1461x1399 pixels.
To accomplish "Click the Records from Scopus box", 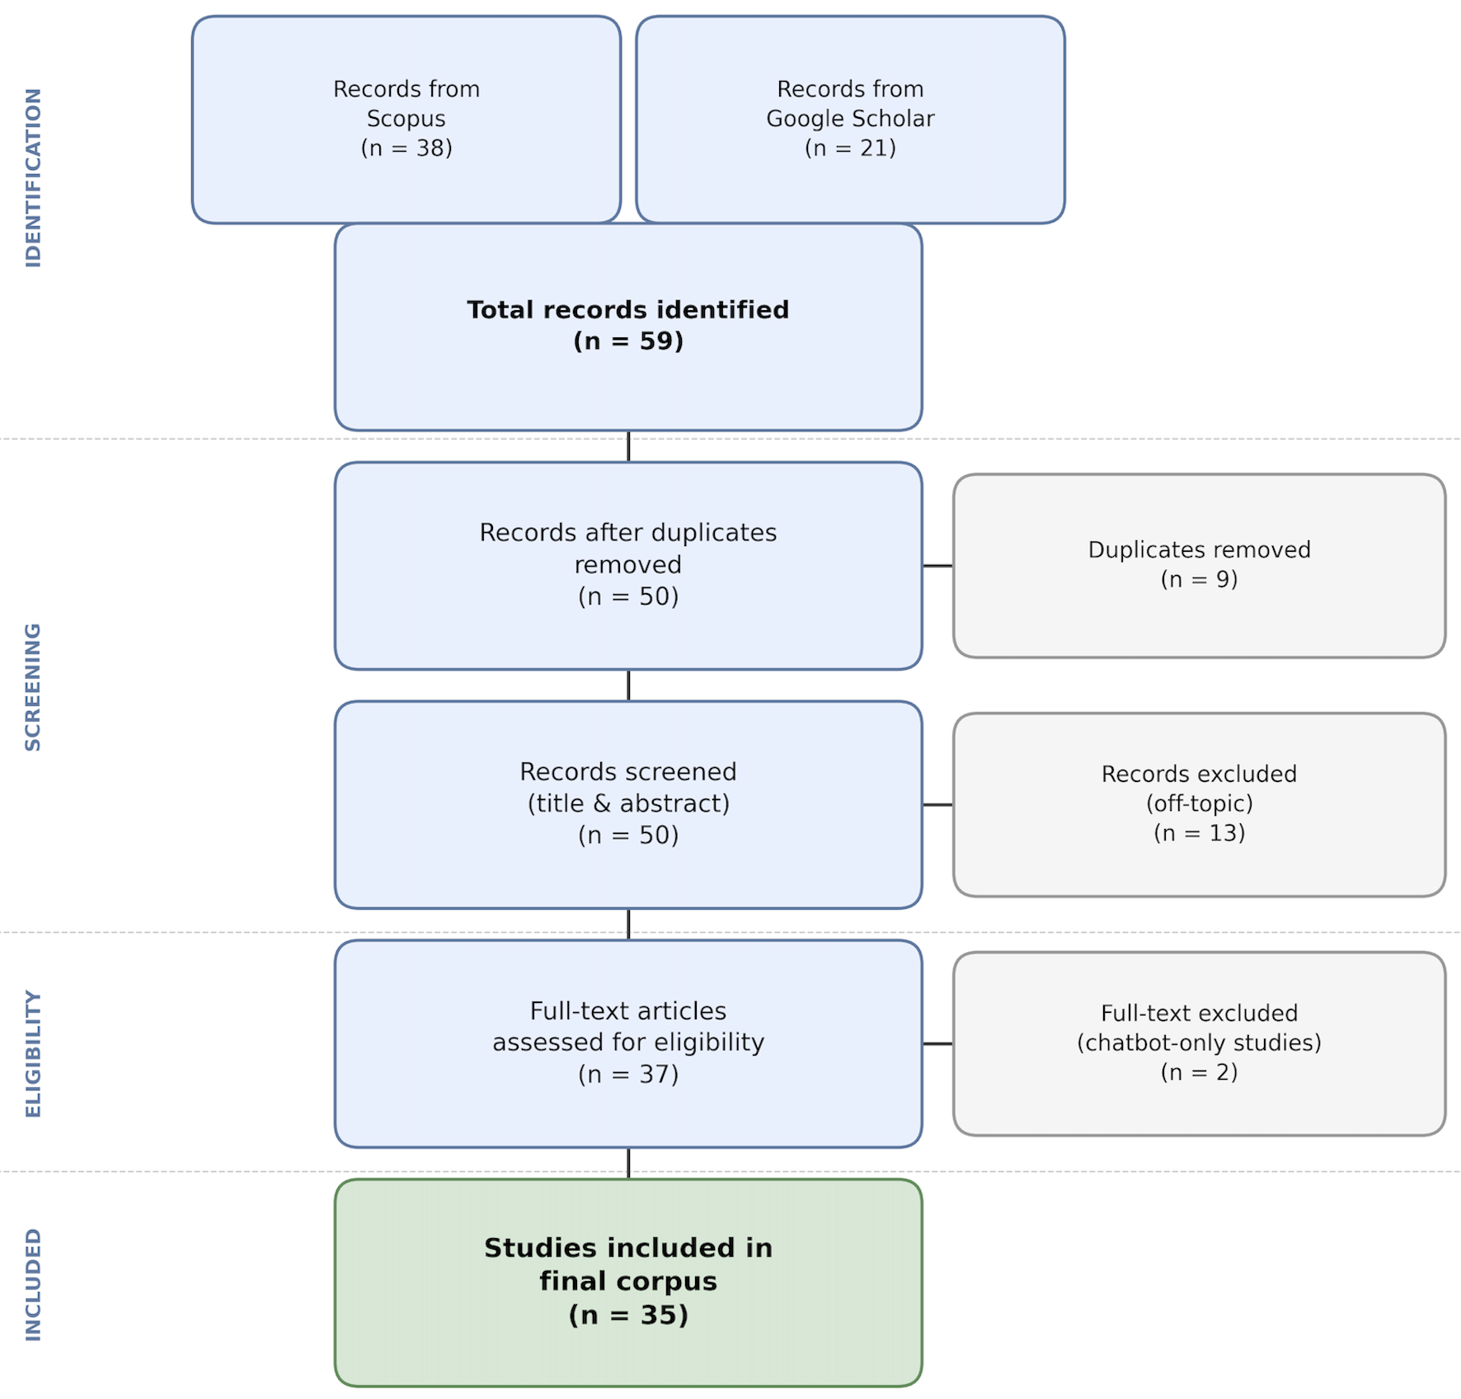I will (x=406, y=120).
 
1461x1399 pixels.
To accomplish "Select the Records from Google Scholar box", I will (x=850, y=120).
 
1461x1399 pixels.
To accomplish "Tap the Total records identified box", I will (x=627, y=327).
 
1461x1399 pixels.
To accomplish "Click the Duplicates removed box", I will (x=1198, y=565).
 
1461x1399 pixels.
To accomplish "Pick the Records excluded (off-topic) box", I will (x=1198, y=804).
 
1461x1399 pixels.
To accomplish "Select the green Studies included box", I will (x=627, y=1283).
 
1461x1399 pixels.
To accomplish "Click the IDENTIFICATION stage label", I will (x=33, y=177).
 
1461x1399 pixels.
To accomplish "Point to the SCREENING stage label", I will (x=33, y=686).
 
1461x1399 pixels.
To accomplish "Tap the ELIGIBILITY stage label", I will (x=33, y=1053).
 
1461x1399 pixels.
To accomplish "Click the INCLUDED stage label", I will (x=33, y=1284).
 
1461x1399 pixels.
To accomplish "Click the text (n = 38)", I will (x=406, y=148).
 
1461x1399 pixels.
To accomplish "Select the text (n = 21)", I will (x=850, y=148).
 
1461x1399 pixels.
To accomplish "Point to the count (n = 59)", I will (x=627, y=342).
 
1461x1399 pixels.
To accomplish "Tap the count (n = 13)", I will (x=1198, y=833).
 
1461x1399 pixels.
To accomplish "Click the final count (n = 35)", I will (x=627, y=1315).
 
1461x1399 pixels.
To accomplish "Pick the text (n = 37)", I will (x=627, y=1074).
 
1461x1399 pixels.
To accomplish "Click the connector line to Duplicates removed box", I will (x=937, y=566).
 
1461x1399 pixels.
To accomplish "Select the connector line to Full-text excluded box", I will (x=937, y=1043).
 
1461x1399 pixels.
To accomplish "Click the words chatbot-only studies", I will (x=1198, y=1043).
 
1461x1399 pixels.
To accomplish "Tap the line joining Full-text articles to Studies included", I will (x=628, y=1163).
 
